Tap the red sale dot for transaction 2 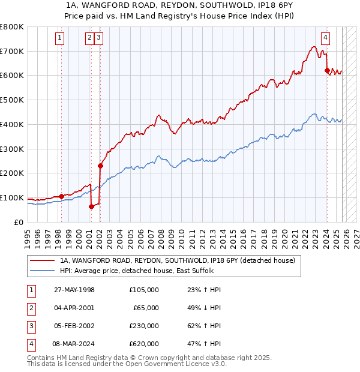(x=91, y=206)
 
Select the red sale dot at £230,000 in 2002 (x=100, y=166)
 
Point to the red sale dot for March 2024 (x=327, y=70)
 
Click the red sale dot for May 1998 (x=61, y=196)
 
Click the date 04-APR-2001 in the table (x=74, y=308)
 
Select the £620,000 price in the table (x=144, y=344)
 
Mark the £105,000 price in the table (x=144, y=290)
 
